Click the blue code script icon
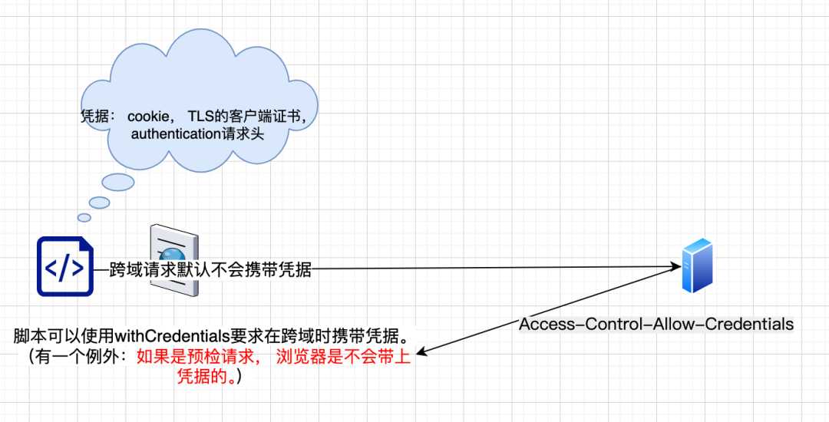pos(65,267)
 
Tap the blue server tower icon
pos(698,265)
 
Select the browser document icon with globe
pos(174,259)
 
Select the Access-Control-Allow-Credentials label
pos(656,324)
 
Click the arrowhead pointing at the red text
pos(422,353)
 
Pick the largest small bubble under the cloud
pos(118,182)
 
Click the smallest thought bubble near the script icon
pos(84,217)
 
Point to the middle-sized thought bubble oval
pos(99,202)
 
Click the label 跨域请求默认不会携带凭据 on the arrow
pos(210,269)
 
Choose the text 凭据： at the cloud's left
pos(97,117)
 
